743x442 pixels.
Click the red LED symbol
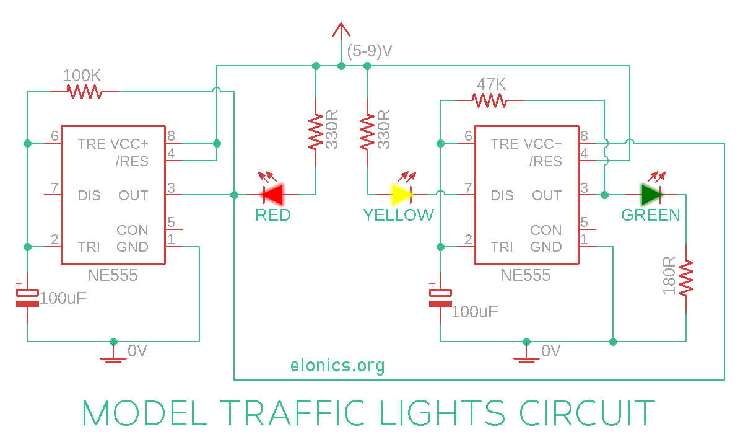pyautogui.click(x=272, y=195)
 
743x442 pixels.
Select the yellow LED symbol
pyautogui.click(x=402, y=195)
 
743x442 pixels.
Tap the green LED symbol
pyautogui.click(x=651, y=195)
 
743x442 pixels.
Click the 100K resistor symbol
pyautogui.click(x=84, y=92)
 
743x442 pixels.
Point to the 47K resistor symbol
pyautogui.click(x=489, y=100)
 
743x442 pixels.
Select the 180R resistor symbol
pyautogui.click(x=686, y=278)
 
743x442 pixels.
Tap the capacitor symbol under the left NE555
pyautogui.click(x=27, y=298)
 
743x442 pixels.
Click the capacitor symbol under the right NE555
pyautogui.click(x=440, y=298)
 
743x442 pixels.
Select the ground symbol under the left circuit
pyautogui.click(x=113, y=355)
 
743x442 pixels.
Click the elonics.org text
pyautogui.click(x=337, y=365)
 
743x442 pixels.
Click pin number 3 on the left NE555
pyautogui.click(x=172, y=188)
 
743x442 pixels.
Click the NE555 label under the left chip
pyautogui.click(x=113, y=275)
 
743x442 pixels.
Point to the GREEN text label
pyautogui.click(x=650, y=215)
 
